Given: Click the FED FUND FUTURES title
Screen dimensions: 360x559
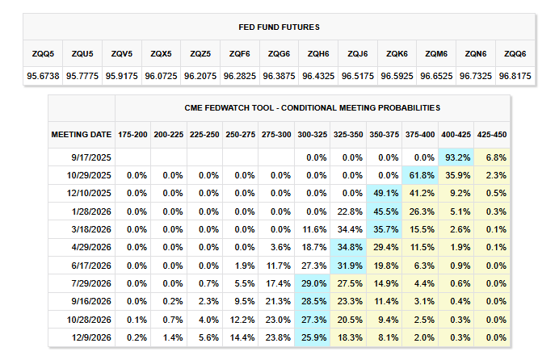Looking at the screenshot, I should click(x=279, y=27).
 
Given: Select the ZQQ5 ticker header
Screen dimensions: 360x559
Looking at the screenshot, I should click(x=43, y=53).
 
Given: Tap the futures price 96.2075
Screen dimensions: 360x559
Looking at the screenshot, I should click(x=200, y=76).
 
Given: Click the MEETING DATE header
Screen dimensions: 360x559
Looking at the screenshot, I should click(x=81, y=133).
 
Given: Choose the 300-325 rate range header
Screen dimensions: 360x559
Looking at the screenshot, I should click(x=313, y=133).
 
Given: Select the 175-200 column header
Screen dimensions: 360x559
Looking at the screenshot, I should click(x=132, y=133).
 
